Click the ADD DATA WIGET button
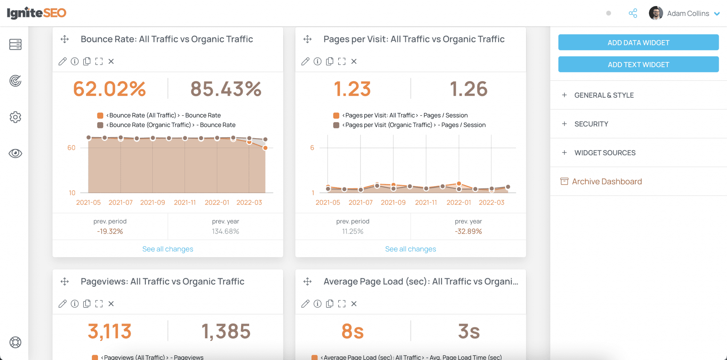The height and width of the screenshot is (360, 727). tap(638, 43)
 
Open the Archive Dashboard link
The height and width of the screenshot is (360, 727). tap(607, 181)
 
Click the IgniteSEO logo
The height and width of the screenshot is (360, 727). tap(37, 13)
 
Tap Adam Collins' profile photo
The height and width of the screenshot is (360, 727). tap(656, 13)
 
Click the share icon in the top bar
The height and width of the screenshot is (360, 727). tap(633, 13)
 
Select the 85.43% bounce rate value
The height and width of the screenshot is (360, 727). tap(226, 89)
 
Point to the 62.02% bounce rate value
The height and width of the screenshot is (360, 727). tap(110, 89)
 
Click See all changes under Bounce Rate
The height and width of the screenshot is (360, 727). tap(168, 249)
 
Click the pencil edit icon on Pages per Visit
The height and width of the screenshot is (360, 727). tap(305, 61)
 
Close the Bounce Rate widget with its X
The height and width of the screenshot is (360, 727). tap(111, 61)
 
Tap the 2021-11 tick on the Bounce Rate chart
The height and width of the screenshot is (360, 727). tap(185, 202)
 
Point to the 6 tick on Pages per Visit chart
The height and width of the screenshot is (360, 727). tap(312, 148)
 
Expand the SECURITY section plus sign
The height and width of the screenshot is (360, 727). tap(564, 124)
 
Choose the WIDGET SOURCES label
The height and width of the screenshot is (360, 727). tap(605, 153)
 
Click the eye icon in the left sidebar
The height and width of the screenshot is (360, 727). tap(15, 153)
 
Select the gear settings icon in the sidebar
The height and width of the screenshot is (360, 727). tap(15, 117)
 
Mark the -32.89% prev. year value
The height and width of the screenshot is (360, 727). tap(468, 231)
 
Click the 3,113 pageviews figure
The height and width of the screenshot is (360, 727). tap(110, 331)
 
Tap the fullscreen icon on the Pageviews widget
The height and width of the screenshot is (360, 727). tap(99, 304)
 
